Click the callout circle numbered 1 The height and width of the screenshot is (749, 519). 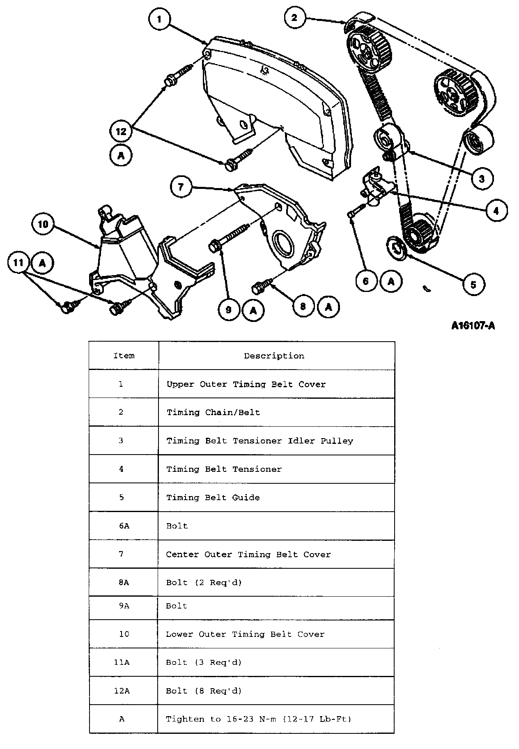coord(159,19)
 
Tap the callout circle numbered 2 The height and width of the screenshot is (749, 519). coord(294,17)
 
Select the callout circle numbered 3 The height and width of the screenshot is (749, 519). coord(481,178)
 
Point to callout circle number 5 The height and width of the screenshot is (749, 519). coord(473,284)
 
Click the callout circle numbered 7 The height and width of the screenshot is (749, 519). coord(181,187)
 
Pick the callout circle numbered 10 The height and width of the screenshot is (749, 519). coord(43,224)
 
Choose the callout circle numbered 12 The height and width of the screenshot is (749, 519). coord(121,131)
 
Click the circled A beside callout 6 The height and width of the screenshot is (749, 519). coord(391,281)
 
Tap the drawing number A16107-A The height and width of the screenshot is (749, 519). coord(473,326)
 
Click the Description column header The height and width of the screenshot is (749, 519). coord(274,356)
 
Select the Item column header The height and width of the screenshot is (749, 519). coord(124,356)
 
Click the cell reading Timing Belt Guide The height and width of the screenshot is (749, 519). coord(213,498)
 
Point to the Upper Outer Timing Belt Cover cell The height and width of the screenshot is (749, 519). coord(246,384)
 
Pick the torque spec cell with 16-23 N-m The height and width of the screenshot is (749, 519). coord(258,719)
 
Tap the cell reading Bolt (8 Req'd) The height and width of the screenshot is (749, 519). coord(204,691)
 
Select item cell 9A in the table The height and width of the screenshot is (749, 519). coord(124,606)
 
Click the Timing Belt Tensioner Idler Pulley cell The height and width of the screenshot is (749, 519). coord(259,441)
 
